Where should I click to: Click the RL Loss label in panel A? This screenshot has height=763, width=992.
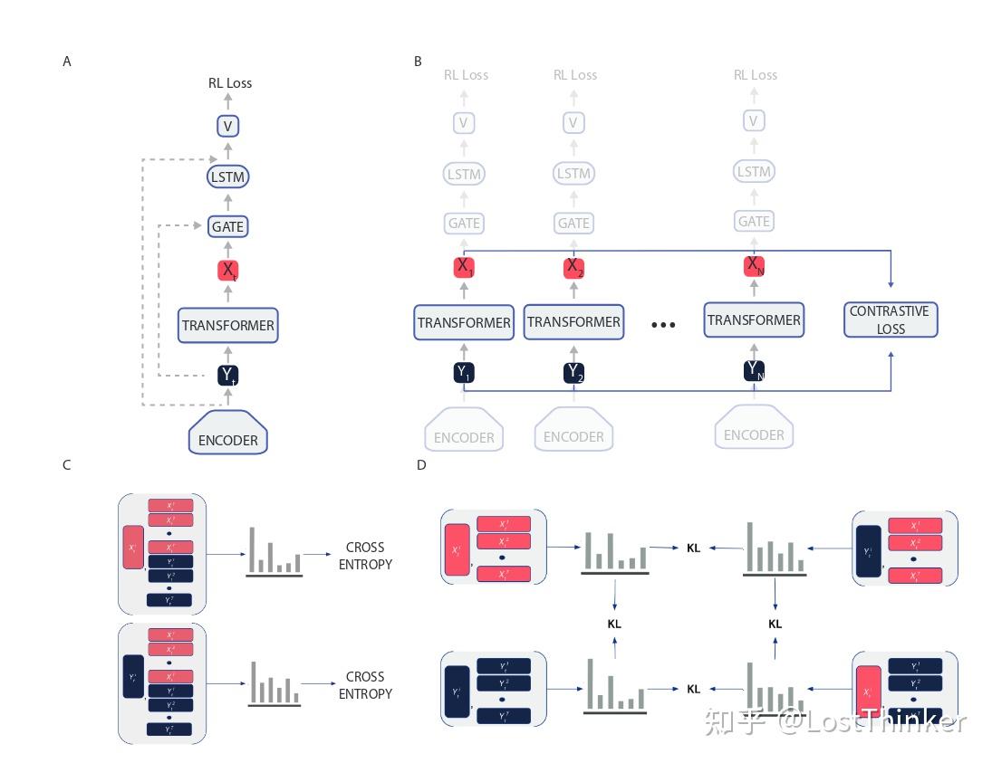(230, 83)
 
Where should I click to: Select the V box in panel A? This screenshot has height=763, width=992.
(227, 127)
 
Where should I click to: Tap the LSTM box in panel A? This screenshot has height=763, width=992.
(227, 176)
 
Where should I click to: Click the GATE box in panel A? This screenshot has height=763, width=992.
(227, 226)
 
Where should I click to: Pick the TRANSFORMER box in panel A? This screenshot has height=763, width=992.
(227, 325)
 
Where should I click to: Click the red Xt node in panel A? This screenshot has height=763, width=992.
(227, 270)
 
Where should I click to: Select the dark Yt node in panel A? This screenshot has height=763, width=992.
(227, 376)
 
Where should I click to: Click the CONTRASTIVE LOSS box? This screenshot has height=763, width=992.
(890, 320)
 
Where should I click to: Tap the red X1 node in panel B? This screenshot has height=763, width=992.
(464, 267)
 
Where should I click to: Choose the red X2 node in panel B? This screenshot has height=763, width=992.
(573, 267)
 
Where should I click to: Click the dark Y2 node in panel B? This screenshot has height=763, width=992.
(573, 372)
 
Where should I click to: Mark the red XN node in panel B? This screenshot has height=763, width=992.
(754, 265)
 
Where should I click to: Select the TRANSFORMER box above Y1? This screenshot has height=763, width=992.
(464, 322)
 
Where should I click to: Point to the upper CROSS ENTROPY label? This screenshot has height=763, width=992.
(365, 556)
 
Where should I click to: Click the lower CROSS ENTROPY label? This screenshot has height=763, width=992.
(365, 685)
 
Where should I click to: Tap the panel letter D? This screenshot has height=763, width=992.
(420, 465)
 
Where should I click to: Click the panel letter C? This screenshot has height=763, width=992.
(67, 465)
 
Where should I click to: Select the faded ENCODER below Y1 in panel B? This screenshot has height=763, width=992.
(464, 433)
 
